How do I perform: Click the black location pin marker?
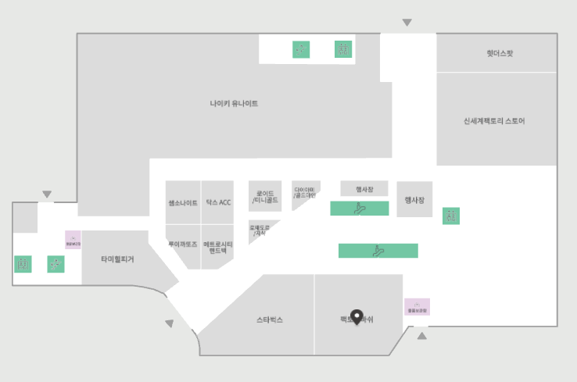357,316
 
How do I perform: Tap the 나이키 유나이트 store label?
234,103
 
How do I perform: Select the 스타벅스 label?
270,320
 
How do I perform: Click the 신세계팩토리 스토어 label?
494,121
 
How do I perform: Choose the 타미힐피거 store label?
117,259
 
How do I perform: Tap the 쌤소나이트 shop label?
183,203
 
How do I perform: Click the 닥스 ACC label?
218,203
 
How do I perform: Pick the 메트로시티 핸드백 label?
218,248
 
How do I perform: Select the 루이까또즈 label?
183,245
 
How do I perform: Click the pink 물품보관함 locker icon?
417,307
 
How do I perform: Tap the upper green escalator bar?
359,209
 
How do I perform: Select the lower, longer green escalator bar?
378,251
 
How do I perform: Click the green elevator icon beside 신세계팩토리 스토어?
450,216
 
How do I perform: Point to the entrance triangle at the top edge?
407,23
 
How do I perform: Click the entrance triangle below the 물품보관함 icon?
422,336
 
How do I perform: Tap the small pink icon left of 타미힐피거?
73,240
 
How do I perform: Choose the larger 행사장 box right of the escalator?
414,200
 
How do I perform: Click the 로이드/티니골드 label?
265,197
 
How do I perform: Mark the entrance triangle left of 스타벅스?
170,323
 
